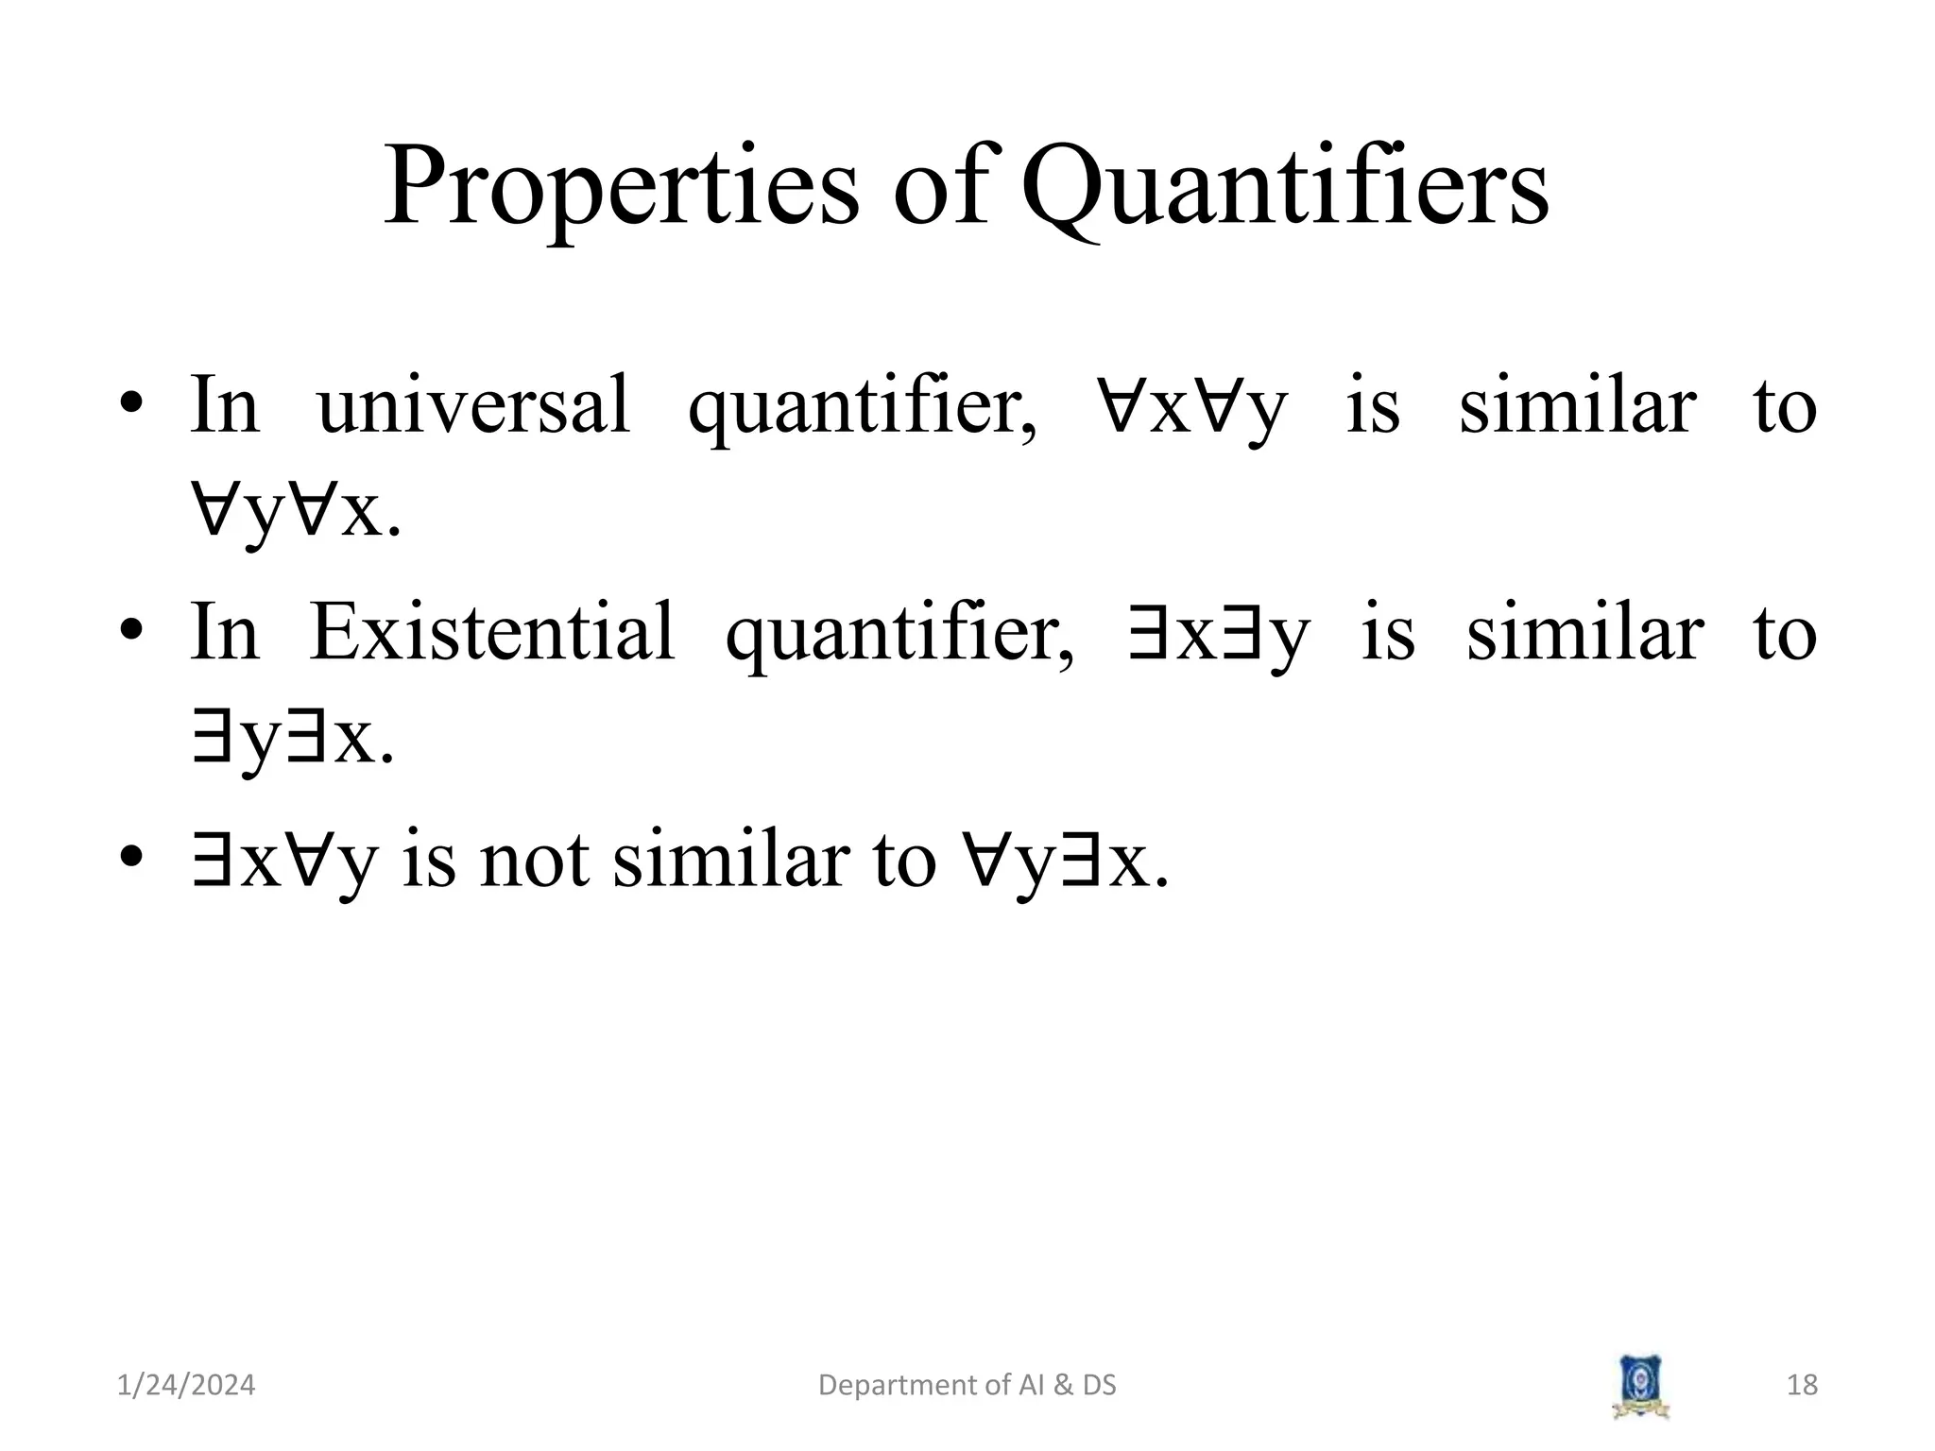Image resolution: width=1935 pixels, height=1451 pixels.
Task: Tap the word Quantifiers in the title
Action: coord(1285,189)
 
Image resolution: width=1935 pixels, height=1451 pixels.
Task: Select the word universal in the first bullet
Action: coord(473,406)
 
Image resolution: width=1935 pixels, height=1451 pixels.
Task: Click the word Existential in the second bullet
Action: coord(492,633)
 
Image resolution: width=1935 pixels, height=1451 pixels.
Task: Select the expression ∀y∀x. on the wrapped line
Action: coord(296,515)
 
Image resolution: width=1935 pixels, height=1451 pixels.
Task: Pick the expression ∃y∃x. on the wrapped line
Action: coord(292,742)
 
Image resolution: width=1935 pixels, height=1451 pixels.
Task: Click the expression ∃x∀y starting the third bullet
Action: coord(283,861)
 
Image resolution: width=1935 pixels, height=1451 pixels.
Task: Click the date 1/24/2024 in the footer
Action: coord(186,1385)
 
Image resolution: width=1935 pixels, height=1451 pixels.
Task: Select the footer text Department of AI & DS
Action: coord(967,1385)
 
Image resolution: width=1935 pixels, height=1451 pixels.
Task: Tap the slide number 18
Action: coord(1802,1385)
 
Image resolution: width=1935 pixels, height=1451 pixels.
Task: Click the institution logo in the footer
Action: coord(1640,1387)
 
